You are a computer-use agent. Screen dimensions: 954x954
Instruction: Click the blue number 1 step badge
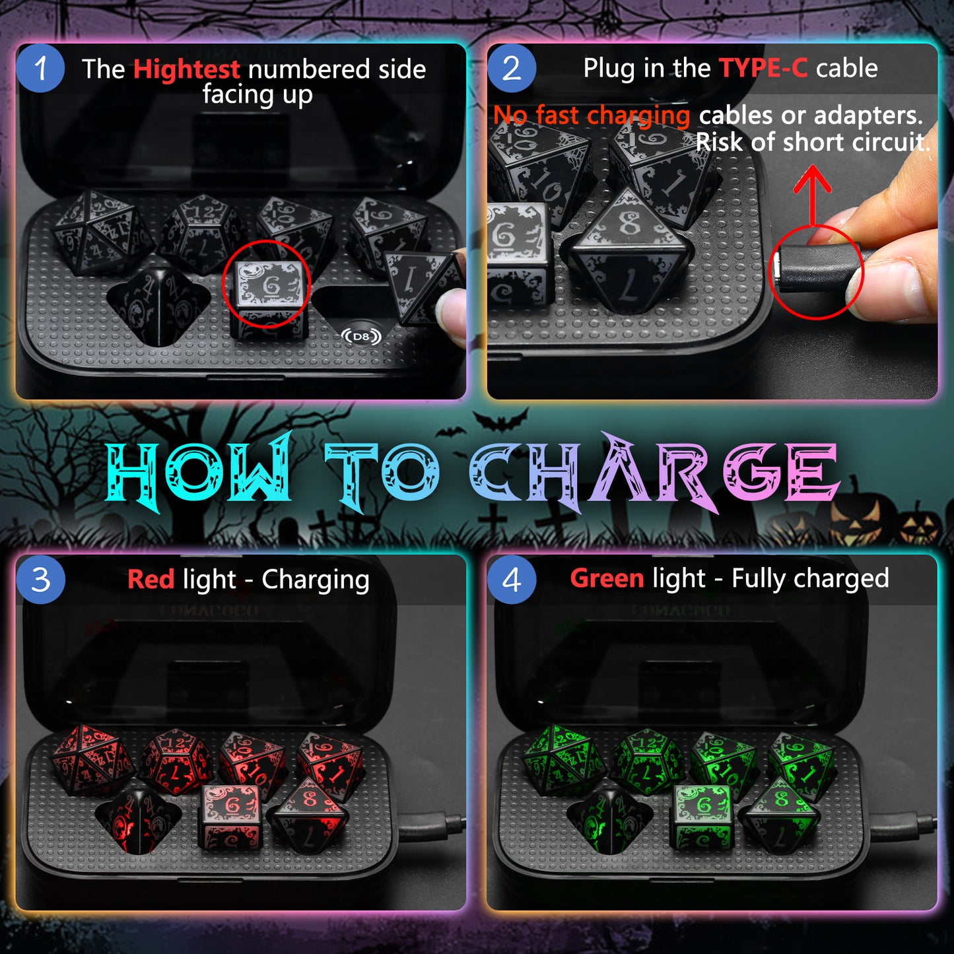point(40,69)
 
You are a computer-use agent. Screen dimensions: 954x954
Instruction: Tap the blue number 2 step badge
point(512,69)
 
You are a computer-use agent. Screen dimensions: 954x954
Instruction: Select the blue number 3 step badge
point(40,580)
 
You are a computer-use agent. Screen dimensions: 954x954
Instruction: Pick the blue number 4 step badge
point(512,580)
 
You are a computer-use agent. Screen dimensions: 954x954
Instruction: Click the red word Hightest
point(187,69)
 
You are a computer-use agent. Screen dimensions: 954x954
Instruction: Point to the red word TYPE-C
point(763,68)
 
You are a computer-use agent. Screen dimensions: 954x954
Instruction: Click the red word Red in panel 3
point(151,579)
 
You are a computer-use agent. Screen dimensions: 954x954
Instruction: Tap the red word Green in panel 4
point(607,578)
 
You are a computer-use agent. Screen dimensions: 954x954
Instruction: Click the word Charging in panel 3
point(316,580)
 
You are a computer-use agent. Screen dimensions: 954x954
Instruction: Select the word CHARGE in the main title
point(654,472)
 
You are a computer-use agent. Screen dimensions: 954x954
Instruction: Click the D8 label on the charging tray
point(361,337)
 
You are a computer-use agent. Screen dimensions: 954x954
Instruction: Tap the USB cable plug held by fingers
point(809,271)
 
